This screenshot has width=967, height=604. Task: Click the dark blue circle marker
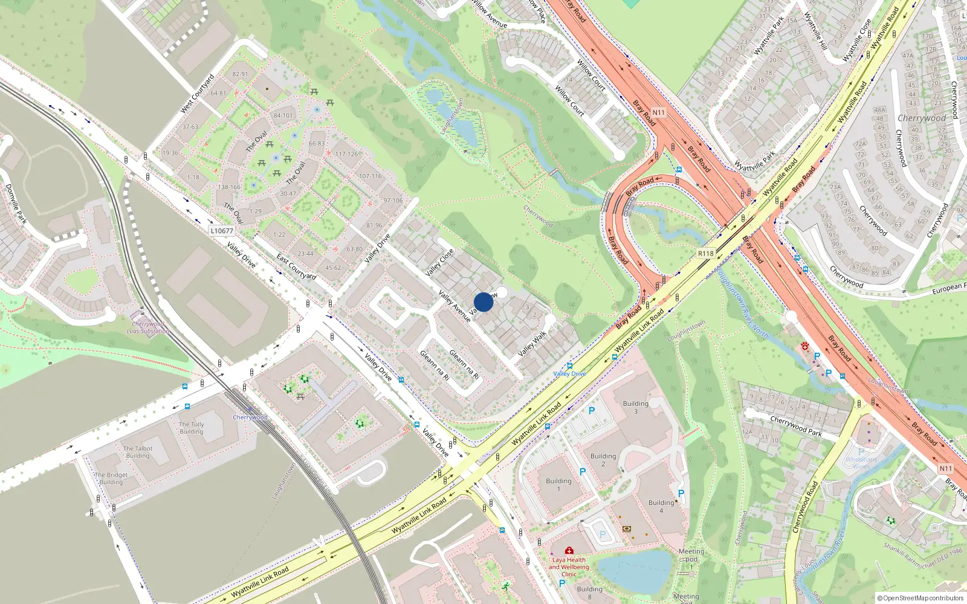483,302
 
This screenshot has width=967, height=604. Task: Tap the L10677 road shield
222,231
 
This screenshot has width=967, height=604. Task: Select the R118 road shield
705,254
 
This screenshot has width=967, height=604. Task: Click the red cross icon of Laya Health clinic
569,550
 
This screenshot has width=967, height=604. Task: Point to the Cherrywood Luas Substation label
148,327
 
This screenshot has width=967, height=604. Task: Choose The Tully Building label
191,428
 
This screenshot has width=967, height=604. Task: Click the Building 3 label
635,407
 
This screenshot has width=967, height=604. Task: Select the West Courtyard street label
198,94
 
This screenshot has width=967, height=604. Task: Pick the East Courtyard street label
296,266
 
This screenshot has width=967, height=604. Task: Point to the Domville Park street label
16,204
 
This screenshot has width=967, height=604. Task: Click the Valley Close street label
439,263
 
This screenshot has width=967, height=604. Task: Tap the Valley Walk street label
532,343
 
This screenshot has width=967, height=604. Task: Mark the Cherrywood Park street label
795,425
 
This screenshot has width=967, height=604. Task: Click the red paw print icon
806,345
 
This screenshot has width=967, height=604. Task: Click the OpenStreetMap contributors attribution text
920,598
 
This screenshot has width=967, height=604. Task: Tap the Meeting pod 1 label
691,559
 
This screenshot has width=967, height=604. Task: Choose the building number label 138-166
229,187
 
